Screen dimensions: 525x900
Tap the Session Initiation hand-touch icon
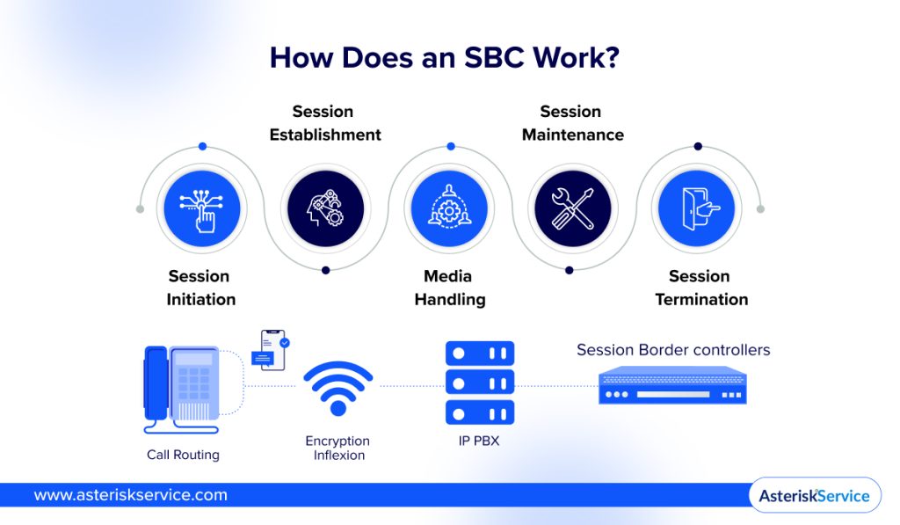click(x=201, y=209)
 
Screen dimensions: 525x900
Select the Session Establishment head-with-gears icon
click(x=325, y=209)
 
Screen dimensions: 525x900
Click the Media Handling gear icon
click(x=449, y=209)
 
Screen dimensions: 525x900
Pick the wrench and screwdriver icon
click(x=572, y=209)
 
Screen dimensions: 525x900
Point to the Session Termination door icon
click(x=696, y=209)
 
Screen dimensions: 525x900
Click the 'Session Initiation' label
click(x=201, y=288)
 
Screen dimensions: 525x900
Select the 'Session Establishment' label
click(x=325, y=123)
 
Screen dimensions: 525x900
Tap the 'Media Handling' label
click(x=449, y=288)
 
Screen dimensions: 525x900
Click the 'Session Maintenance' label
click(x=572, y=123)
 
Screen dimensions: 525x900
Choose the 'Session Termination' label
click(x=700, y=288)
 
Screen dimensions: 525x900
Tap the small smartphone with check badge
click(x=272, y=349)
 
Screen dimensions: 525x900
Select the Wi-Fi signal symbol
click(x=338, y=387)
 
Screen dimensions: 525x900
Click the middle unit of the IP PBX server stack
click(x=479, y=383)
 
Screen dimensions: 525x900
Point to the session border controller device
click(x=672, y=387)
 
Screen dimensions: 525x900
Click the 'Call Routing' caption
click(x=183, y=455)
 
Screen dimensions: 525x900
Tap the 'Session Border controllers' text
click(x=673, y=350)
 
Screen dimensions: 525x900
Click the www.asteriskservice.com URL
click(x=130, y=495)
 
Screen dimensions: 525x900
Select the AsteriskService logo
click(x=815, y=495)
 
